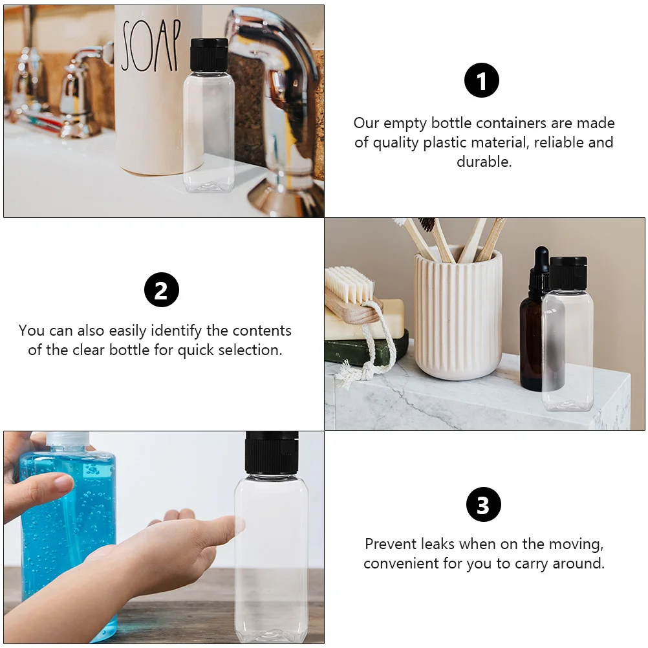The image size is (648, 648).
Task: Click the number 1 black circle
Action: click(482, 81)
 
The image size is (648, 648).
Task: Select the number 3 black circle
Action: click(483, 505)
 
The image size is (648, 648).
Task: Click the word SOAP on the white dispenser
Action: click(150, 46)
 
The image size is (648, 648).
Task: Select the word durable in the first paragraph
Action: click(484, 162)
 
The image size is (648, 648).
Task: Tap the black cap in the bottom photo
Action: click(272, 452)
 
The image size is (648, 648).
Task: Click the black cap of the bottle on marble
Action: click(568, 272)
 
